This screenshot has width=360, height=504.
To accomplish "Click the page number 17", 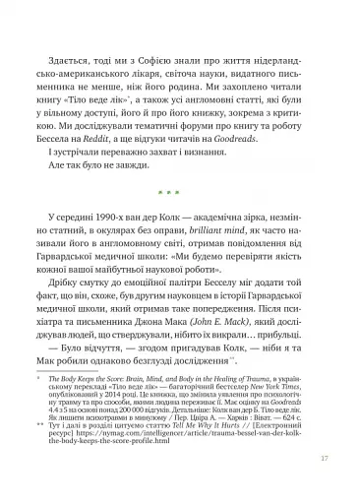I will [x=312, y=485].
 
